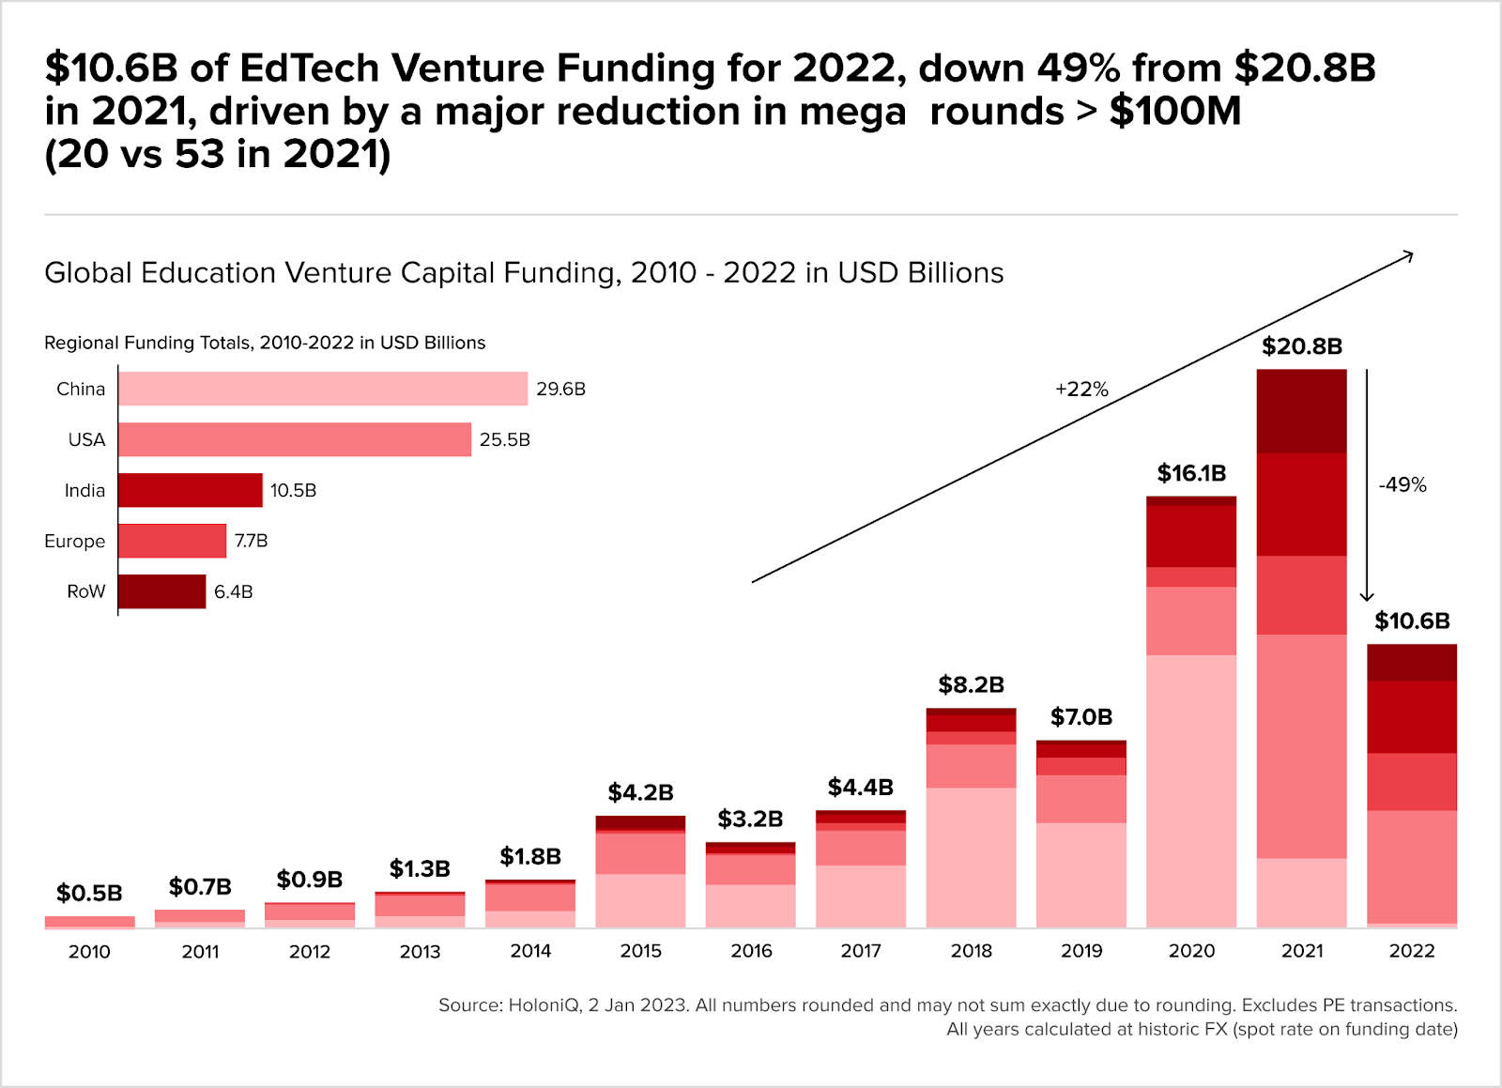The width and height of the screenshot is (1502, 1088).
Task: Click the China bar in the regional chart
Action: click(x=323, y=389)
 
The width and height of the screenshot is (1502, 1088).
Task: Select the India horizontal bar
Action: click(x=191, y=490)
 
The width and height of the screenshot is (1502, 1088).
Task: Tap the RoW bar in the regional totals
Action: click(x=161, y=591)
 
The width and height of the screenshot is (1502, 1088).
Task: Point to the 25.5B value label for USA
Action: click(x=505, y=439)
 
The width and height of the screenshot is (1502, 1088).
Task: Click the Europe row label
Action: click(x=75, y=541)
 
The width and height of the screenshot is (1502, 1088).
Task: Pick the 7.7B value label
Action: click(x=251, y=541)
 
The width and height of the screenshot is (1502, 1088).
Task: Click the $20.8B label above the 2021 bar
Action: click(x=1302, y=346)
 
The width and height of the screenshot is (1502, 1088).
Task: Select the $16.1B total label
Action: click(x=1191, y=473)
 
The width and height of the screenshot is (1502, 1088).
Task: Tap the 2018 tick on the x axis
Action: click(x=971, y=951)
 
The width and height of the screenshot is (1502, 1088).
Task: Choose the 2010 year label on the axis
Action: click(x=89, y=951)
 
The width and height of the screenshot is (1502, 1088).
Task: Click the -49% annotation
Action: click(x=1402, y=485)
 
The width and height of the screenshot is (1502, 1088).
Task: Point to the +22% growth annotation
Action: click(x=1081, y=390)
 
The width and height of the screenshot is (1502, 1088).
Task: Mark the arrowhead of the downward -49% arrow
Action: click(x=1367, y=596)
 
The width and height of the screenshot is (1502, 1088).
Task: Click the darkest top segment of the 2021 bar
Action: click(x=1302, y=411)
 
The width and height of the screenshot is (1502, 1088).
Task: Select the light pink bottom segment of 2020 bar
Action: click(x=1191, y=790)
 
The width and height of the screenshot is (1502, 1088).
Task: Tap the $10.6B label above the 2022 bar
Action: click(x=1412, y=621)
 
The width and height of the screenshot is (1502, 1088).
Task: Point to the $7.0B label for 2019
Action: click(x=1081, y=717)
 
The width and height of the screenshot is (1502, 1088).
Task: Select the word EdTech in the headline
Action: click(x=310, y=69)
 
